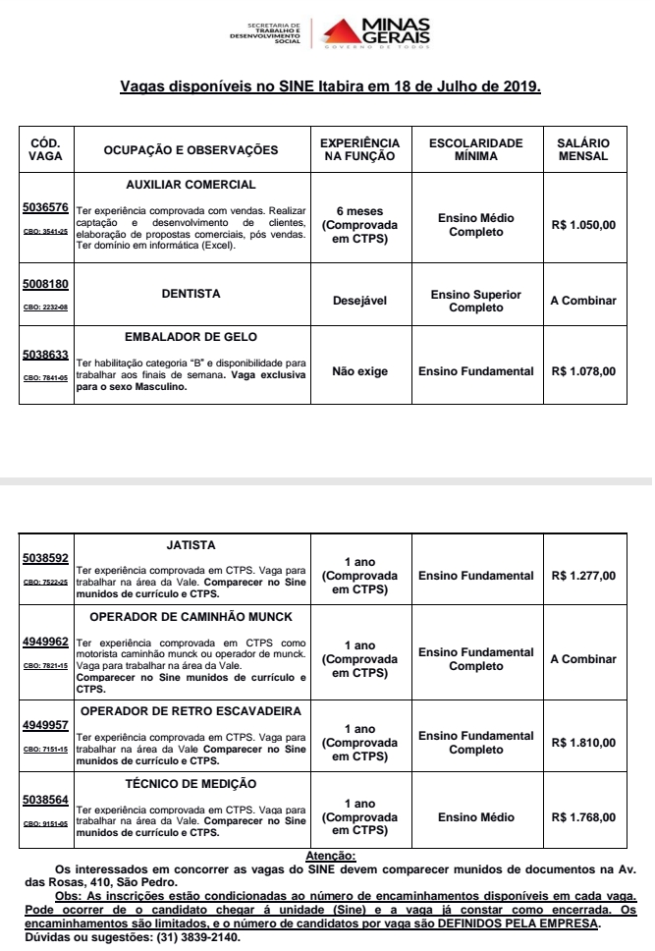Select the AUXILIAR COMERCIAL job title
[x=191, y=185]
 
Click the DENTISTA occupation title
[x=191, y=293]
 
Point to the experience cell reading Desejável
[x=360, y=300]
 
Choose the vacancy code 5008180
[x=45, y=285]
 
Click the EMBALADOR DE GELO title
[x=191, y=336]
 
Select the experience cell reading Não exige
[x=360, y=371]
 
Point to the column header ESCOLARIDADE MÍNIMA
[x=476, y=149]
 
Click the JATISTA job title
[x=191, y=544]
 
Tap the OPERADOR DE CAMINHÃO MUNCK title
[x=191, y=617]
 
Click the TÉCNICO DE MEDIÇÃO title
[x=191, y=783]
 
